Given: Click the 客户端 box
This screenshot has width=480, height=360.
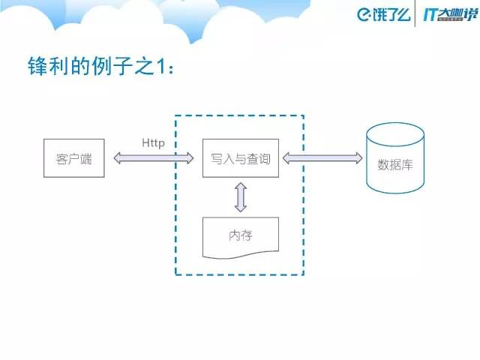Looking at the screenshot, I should (73, 158).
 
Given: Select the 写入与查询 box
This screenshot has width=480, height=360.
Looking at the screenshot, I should (240, 158).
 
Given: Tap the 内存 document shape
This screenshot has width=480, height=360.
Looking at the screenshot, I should (240, 235).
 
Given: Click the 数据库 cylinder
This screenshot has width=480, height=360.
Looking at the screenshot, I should (394, 160).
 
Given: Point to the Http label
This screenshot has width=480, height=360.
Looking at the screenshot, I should (153, 142).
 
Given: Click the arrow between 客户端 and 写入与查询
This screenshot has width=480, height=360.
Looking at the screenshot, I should (153, 158).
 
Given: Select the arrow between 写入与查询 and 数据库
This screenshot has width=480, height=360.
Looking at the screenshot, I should (322, 158).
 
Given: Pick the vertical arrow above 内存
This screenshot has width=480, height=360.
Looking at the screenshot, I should (240, 197).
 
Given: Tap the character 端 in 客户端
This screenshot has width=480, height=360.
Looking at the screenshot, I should (85, 159).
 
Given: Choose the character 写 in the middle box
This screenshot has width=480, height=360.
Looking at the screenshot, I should (216, 159).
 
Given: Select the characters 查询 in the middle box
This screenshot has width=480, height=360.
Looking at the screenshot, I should (258, 159).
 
